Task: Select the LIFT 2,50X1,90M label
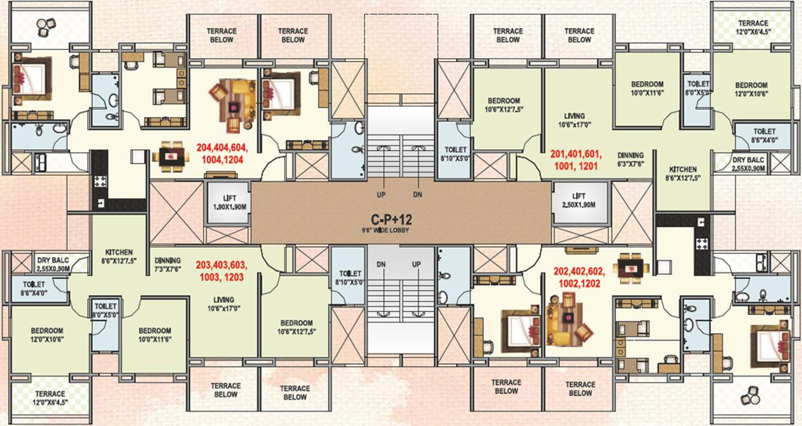(579, 200)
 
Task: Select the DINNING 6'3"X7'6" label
(629, 159)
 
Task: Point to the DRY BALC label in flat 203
(54, 265)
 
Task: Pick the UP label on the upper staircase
(381, 195)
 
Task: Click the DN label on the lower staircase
(381, 264)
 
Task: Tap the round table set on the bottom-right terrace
(749, 397)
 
